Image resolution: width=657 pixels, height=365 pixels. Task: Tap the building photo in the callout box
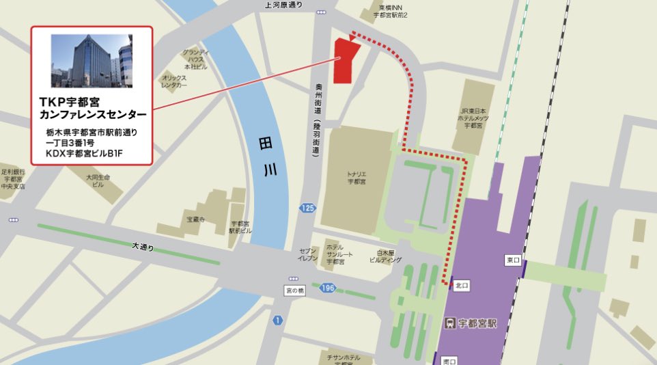(x=92, y=61)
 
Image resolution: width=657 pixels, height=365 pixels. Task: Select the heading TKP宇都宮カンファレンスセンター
(x=92, y=108)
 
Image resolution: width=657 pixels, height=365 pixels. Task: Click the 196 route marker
(x=327, y=288)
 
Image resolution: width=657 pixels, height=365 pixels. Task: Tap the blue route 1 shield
(x=277, y=321)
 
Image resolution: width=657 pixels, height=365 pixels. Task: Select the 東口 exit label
(x=513, y=260)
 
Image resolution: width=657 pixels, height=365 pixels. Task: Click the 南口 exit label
(x=449, y=360)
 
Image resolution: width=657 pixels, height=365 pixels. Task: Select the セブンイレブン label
(x=306, y=255)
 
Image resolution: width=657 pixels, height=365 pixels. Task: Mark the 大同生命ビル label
(x=98, y=180)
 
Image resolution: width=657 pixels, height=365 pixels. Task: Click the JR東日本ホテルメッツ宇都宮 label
(x=472, y=118)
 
